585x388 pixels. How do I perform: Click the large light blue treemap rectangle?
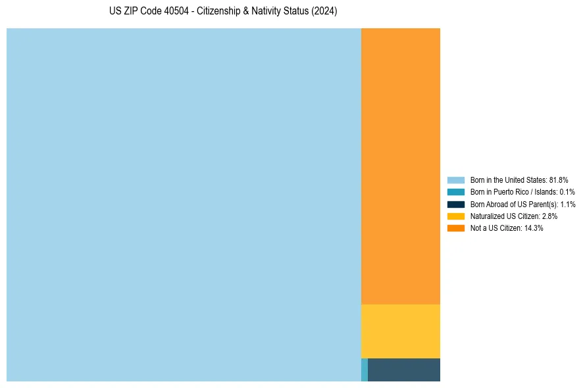(x=184, y=205)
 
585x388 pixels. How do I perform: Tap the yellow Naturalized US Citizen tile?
(x=401, y=331)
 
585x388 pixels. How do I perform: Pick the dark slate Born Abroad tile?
(x=404, y=370)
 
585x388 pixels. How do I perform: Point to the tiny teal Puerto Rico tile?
(x=365, y=370)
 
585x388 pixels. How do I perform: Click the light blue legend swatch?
(x=456, y=180)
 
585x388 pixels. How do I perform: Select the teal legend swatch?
(x=456, y=192)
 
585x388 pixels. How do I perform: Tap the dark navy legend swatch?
(x=456, y=204)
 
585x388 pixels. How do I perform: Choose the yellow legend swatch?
(x=456, y=216)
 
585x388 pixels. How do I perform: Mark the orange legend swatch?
(x=456, y=228)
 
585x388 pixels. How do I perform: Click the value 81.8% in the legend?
(x=558, y=180)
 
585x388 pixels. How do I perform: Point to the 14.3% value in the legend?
(x=534, y=228)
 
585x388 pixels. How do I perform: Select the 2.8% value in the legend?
(x=549, y=216)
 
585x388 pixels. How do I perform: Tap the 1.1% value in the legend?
(x=567, y=205)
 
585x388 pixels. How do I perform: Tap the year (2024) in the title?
(x=324, y=12)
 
